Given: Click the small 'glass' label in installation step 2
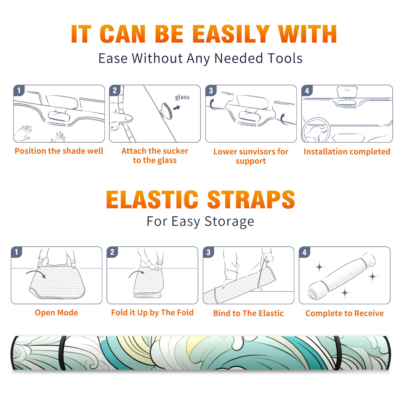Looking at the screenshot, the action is pos(182,97).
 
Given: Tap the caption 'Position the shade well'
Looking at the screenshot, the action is pos(59,151).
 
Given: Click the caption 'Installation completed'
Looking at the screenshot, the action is pos(347,151).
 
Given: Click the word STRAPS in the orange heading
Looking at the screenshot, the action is pos(251,199).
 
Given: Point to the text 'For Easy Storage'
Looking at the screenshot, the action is pos(200,222).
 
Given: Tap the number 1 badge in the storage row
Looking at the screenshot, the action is pos(17,252).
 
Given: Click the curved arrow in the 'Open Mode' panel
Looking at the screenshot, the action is pos(36,273).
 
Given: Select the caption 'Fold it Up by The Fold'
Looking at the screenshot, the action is pos(152,313).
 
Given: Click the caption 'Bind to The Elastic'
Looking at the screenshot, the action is pos(248,313).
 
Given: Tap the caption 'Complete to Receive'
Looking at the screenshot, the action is pos(345,313).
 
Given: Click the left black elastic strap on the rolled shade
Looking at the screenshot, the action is pos(62,353).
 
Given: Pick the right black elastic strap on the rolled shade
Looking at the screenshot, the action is pos(337,353).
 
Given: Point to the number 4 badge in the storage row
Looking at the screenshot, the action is pos(305,252).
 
